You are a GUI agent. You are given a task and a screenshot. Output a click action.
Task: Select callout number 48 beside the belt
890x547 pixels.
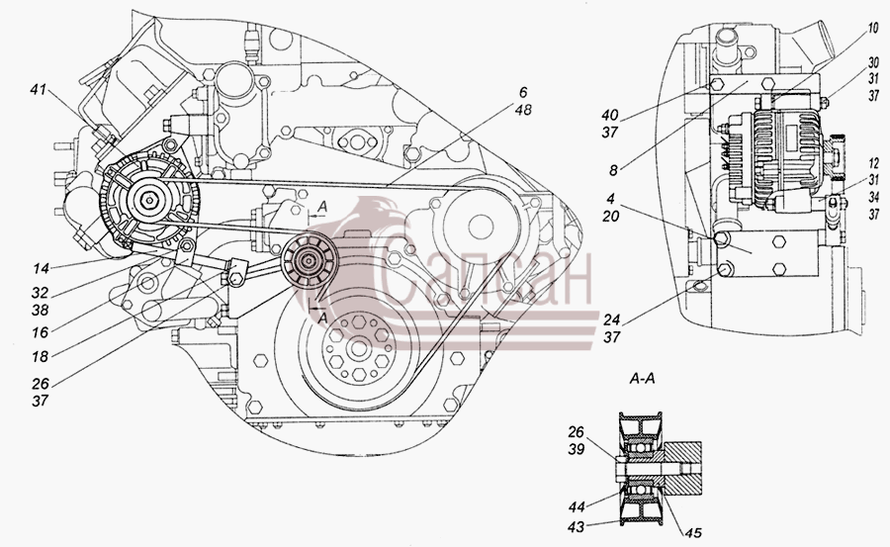pyautogui.click(x=522, y=109)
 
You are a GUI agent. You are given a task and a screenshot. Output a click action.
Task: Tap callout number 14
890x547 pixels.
pyautogui.click(x=40, y=267)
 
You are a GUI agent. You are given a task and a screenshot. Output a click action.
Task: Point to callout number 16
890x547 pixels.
pyautogui.click(x=40, y=331)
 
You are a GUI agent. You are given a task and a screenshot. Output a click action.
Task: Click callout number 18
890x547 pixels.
pyautogui.click(x=40, y=357)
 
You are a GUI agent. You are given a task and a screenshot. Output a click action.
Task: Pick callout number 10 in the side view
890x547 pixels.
pyautogui.click(x=872, y=28)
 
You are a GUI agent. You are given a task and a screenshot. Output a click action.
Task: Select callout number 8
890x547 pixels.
pyautogui.click(x=613, y=169)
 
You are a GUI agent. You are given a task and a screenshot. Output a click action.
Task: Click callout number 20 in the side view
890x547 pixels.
pyautogui.click(x=611, y=217)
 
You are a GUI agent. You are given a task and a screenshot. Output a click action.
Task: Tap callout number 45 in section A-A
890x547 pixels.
pyautogui.click(x=693, y=532)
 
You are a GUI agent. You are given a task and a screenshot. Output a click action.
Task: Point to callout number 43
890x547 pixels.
pyautogui.click(x=577, y=527)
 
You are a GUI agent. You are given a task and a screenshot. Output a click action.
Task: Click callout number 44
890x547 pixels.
pyautogui.click(x=577, y=505)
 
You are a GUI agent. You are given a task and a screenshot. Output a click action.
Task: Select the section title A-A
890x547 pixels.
pyautogui.click(x=642, y=378)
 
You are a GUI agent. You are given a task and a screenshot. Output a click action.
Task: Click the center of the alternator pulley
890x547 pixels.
pyautogui.click(x=149, y=200)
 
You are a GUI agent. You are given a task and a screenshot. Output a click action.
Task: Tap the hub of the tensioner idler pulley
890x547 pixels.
pyautogui.click(x=309, y=262)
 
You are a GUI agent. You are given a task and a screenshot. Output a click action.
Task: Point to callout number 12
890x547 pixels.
pyautogui.click(x=873, y=164)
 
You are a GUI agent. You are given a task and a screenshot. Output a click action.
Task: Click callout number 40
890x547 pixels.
pyautogui.click(x=610, y=115)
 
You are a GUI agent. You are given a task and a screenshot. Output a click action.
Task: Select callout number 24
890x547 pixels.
pyautogui.click(x=611, y=319)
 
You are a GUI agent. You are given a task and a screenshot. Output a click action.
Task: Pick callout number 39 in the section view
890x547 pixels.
pyautogui.click(x=577, y=449)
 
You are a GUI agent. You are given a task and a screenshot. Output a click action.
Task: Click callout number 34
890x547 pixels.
pyautogui.click(x=873, y=197)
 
